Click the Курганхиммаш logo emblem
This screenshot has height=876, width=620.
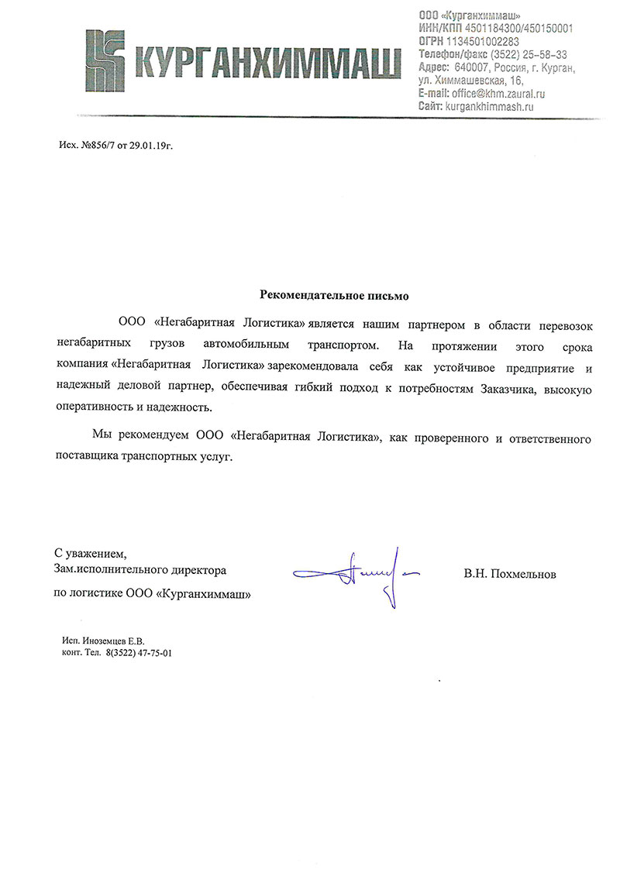pos(105,57)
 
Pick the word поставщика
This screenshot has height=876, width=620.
pos(86,458)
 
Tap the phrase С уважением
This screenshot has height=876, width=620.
pos(89,554)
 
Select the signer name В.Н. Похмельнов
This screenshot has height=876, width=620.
pos(510,574)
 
